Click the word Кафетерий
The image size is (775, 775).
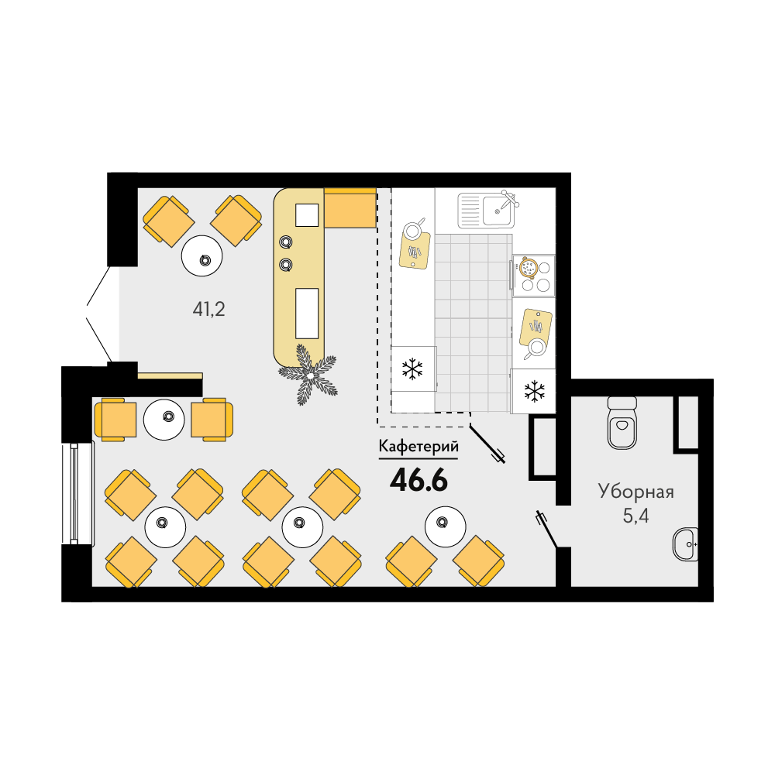pyautogui.click(x=418, y=447)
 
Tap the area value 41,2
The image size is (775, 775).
pyautogui.click(x=208, y=310)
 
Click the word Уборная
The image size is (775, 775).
pyautogui.click(x=636, y=492)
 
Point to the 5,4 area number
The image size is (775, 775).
pyautogui.click(x=636, y=516)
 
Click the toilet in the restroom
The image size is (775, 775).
pyautogui.click(x=622, y=423)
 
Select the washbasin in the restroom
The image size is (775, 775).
pyautogui.click(x=686, y=544)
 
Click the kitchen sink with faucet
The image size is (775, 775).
pyautogui.click(x=487, y=210)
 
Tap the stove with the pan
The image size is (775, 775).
pyautogui.click(x=533, y=276)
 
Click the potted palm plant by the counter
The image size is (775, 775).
pyautogui.click(x=308, y=375)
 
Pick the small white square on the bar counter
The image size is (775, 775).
pyautogui.click(x=307, y=215)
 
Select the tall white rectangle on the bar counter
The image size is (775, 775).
pyautogui.click(x=307, y=314)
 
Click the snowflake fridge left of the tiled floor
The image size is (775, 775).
pyautogui.click(x=414, y=369)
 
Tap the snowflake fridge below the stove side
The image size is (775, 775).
pyautogui.click(x=533, y=391)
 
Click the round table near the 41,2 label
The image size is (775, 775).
pyautogui.click(x=202, y=256)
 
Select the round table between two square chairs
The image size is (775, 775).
pyautogui.click(x=164, y=420)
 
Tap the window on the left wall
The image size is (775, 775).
pyautogui.click(x=77, y=492)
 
